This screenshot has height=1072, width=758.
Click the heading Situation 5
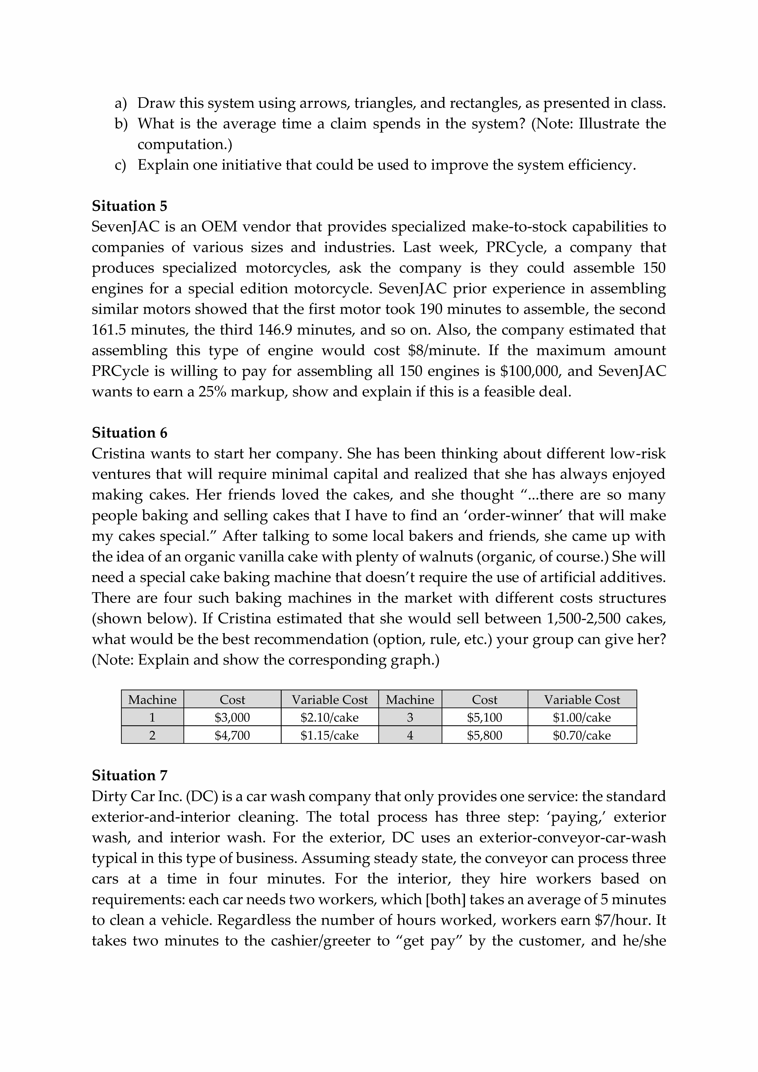coord(129,206)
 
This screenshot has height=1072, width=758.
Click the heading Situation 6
coord(129,433)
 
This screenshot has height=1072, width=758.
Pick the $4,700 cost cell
coord(232,735)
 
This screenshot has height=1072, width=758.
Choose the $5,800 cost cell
coord(484,735)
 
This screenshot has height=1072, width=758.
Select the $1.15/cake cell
coord(329,735)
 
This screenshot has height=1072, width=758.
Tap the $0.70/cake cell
coord(582,735)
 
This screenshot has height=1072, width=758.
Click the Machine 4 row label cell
coord(410,735)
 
